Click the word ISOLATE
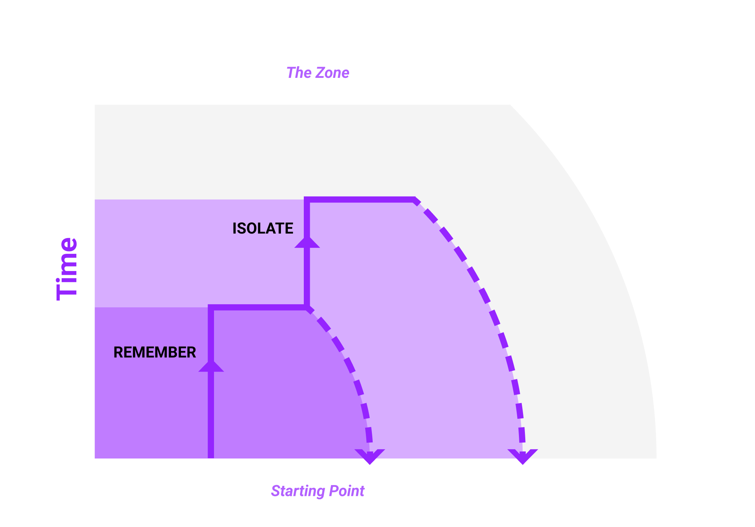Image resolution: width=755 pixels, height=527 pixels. pyautogui.click(x=263, y=228)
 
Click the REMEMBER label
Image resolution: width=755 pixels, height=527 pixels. pyautogui.click(x=155, y=352)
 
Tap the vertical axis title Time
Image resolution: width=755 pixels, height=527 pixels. pyautogui.click(x=67, y=269)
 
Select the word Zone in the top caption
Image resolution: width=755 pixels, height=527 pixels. pyautogui.click(x=332, y=73)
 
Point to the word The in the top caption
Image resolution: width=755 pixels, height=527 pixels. pyautogui.click(x=299, y=73)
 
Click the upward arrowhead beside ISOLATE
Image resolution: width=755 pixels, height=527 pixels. pyautogui.click(x=307, y=242)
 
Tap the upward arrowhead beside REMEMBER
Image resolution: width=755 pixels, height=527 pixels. pyautogui.click(x=211, y=366)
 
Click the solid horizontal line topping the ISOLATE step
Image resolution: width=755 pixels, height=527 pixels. pyautogui.click(x=361, y=199)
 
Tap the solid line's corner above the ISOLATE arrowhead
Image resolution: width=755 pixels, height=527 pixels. pyautogui.click(x=307, y=199)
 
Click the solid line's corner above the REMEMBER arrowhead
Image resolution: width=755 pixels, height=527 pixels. pyautogui.click(x=211, y=307)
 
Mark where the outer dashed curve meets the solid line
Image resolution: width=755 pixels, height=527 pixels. pyautogui.click(x=414, y=199)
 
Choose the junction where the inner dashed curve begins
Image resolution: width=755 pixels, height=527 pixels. pyautogui.click(x=307, y=307)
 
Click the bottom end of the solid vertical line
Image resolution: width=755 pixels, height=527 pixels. pyautogui.click(x=211, y=457)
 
